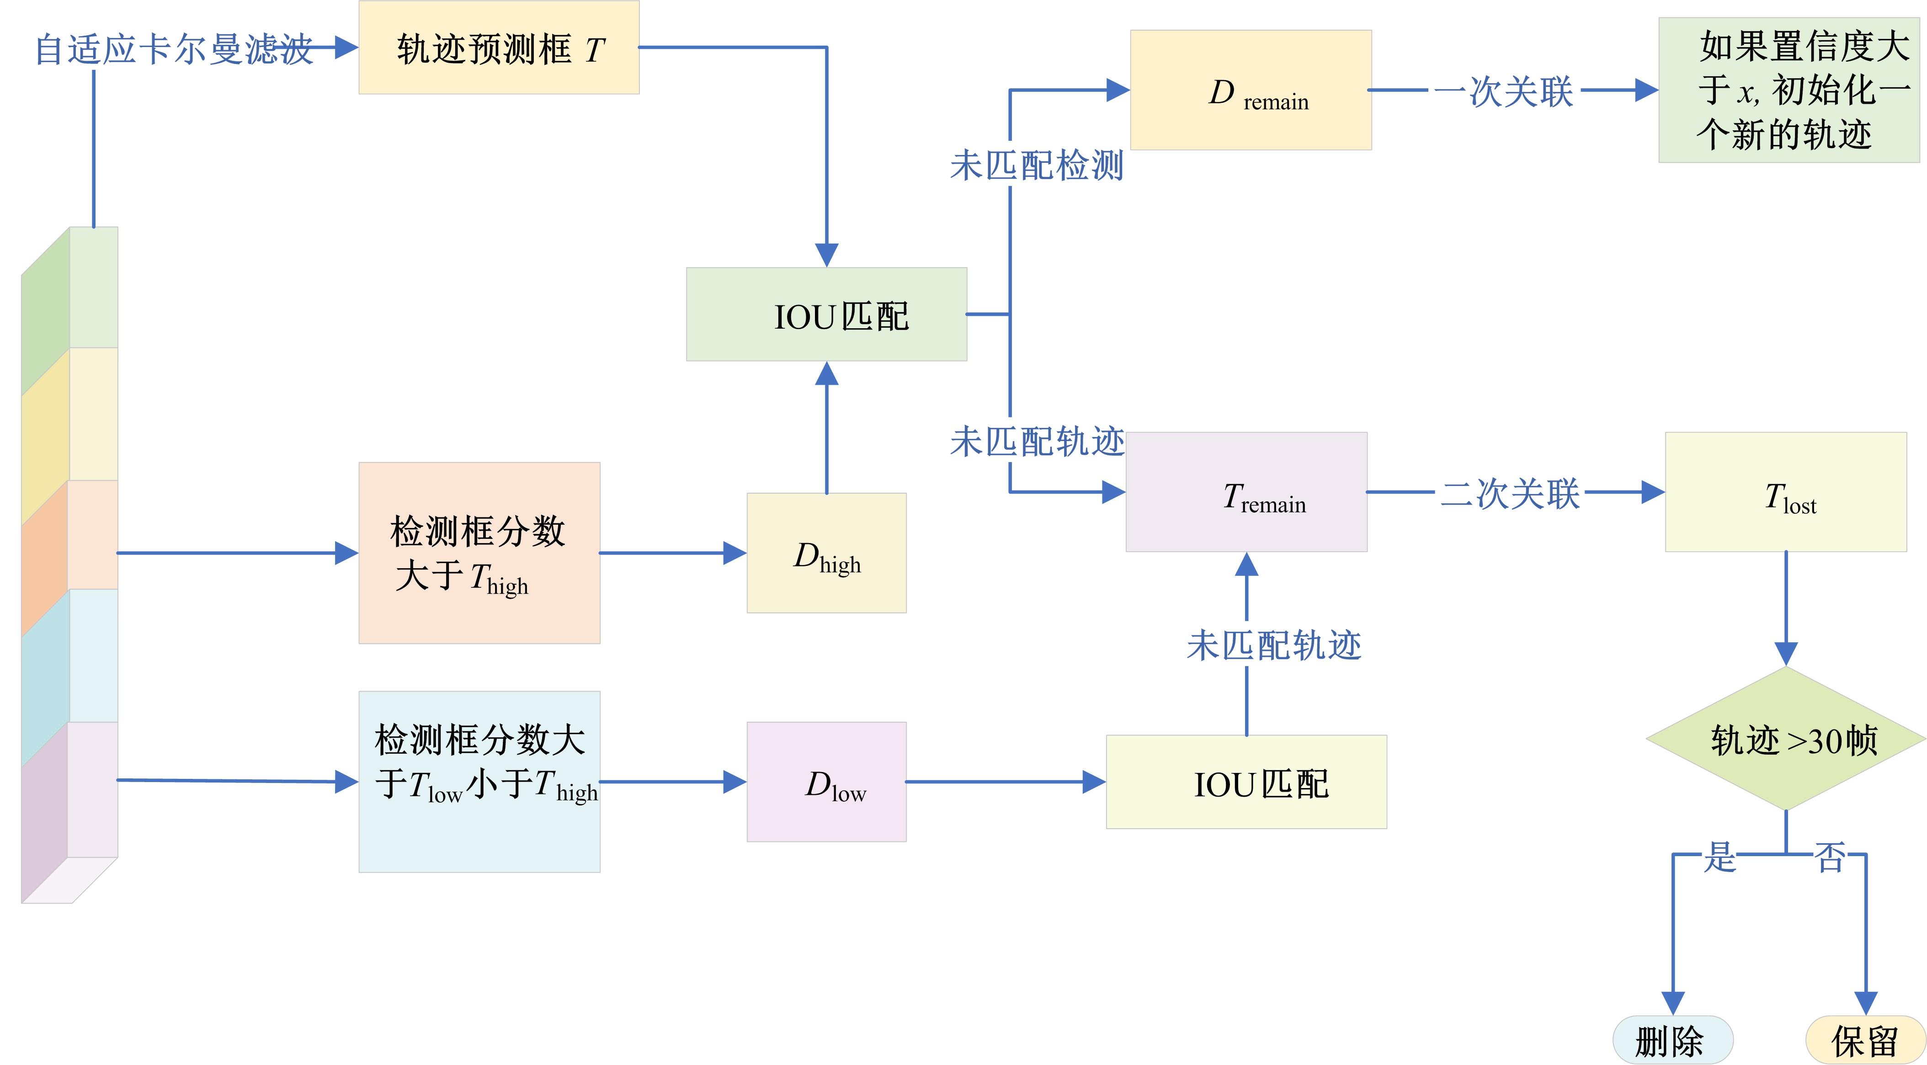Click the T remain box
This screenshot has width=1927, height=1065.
tap(1246, 492)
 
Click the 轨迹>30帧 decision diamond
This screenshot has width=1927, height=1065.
tap(1786, 739)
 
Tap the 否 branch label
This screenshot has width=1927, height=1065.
tap(1830, 856)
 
